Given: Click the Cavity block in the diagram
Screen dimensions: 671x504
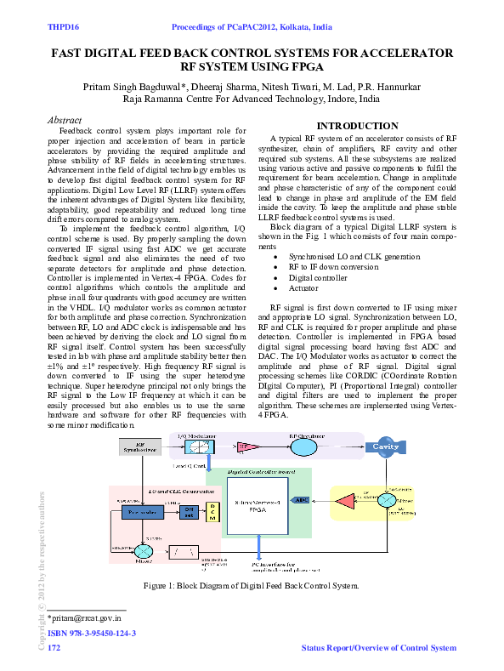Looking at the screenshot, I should click(x=386, y=446).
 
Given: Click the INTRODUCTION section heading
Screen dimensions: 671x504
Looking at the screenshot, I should click(x=357, y=126).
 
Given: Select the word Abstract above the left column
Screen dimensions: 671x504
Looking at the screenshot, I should click(x=65, y=121).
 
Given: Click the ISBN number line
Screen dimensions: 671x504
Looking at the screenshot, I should click(x=92, y=634).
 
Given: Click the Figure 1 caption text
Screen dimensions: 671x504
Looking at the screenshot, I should click(x=252, y=587).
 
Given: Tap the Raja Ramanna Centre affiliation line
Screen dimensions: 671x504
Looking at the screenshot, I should click(x=251, y=100).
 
